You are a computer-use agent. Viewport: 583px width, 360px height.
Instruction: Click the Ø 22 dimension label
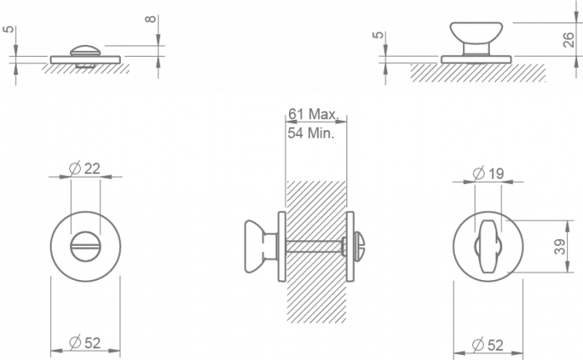click(86, 168)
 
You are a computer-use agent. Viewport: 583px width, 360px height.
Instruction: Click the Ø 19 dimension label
click(489, 173)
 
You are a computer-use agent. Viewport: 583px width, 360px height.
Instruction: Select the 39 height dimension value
click(560, 246)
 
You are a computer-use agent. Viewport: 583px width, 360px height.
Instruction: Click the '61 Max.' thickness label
click(310, 114)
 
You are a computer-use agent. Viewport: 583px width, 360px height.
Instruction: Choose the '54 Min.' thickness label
click(310, 132)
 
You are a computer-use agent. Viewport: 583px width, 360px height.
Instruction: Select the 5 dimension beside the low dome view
click(8, 33)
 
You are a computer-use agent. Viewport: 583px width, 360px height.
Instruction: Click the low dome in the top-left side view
click(86, 52)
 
